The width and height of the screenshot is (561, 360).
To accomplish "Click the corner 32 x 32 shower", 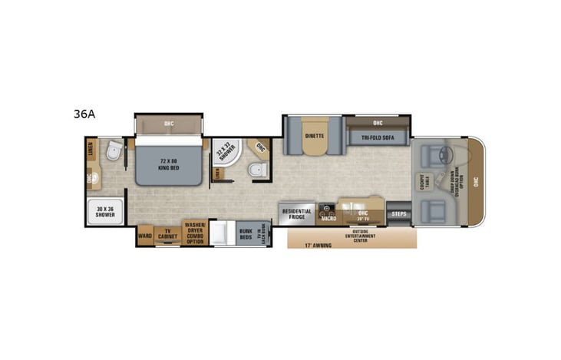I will (x=225, y=152).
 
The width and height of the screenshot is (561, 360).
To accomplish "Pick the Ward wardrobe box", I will (x=144, y=235).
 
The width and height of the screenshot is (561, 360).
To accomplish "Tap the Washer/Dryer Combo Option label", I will (x=194, y=232).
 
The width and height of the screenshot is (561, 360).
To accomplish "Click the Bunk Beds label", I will (x=245, y=233).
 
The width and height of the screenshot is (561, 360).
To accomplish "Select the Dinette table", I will (x=314, y=134).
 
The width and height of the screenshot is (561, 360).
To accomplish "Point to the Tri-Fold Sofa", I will (x=377, y=138).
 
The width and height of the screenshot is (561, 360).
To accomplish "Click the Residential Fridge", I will (x=297, y=214).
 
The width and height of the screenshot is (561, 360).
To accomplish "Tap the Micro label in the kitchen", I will (x=328, y=217).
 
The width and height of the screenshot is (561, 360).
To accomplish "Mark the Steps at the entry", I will (x=398, y=213).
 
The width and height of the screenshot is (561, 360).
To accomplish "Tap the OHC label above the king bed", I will (x=169, y=123).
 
